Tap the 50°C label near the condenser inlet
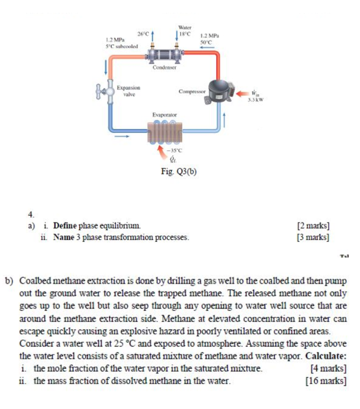point(206,41)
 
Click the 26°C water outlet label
point(143,34)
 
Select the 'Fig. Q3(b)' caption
point(179,172)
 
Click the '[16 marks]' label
point(325,381)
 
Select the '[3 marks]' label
point(313,237)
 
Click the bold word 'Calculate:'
point(326,356)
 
